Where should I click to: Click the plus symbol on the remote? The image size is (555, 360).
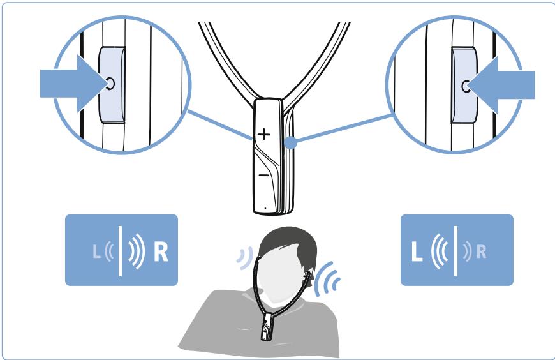click(x=263, y=134)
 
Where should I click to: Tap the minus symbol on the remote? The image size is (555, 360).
click(x=263, y=175)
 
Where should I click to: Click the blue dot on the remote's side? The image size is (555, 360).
click(x=291, y=142)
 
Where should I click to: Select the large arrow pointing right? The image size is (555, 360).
click(x=75, y=84)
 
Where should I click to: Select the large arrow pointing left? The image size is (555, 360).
click(x=501, y=85)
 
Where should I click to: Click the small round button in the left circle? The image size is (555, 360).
click(x=110, y=84)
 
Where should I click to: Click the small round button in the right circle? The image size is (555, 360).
click(x=466, y=86)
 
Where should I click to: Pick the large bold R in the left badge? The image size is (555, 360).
click(x=161, y=251)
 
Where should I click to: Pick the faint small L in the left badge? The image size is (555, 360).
click(x=96, y=251)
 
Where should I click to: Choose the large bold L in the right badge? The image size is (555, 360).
click(x=417, y=251)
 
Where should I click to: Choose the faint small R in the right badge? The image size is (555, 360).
click(x=482, y=252)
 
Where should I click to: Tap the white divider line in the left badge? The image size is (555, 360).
click(x=121, y=251)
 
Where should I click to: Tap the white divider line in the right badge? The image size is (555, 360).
click(x=455, y=251)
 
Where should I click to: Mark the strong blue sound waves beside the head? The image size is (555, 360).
click(x=325, y=278)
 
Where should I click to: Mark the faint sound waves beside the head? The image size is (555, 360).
click(x=245, y=258)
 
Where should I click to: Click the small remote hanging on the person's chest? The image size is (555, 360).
click(x=266, y=326)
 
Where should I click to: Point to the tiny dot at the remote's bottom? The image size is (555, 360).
click(x=265, y=208)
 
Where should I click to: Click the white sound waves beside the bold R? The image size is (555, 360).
click(x=137, y=251)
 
